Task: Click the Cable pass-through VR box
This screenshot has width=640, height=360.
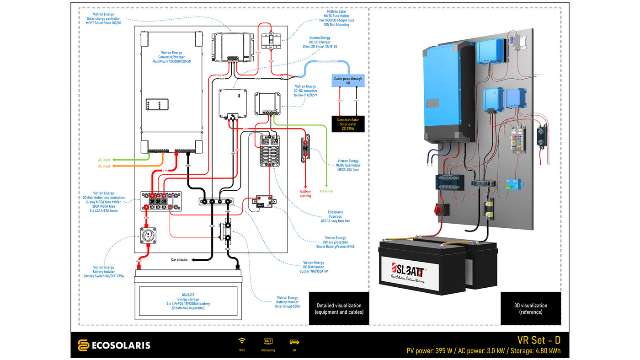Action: click(348, 81)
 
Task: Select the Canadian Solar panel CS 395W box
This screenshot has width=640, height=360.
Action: click(348, 124)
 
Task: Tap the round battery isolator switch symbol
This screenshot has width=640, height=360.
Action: click(148, 236)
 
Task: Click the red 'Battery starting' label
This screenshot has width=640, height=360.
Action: click(305, 193)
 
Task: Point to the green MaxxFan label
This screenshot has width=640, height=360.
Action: click(326, 191)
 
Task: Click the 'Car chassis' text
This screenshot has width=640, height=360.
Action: click(179, 259)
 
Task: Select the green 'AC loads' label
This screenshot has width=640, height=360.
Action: click(104, 160)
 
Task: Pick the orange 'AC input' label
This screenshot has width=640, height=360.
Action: click(104, 166)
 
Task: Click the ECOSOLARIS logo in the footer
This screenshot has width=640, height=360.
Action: click(114, 345)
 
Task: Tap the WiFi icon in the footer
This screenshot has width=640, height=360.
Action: click(242, 341)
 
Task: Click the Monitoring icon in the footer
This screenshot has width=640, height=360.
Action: click(268, 341)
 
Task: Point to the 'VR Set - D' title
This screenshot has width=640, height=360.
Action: click(539, 340)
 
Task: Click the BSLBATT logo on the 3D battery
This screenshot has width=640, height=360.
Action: click(408, 270)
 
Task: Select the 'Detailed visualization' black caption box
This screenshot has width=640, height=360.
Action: click(339, 309)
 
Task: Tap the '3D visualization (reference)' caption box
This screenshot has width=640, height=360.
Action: click(530, 309)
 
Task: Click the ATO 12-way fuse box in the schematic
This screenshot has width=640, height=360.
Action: click(270, 150)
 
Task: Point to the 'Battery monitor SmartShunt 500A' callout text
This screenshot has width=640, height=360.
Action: click(287, 302)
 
